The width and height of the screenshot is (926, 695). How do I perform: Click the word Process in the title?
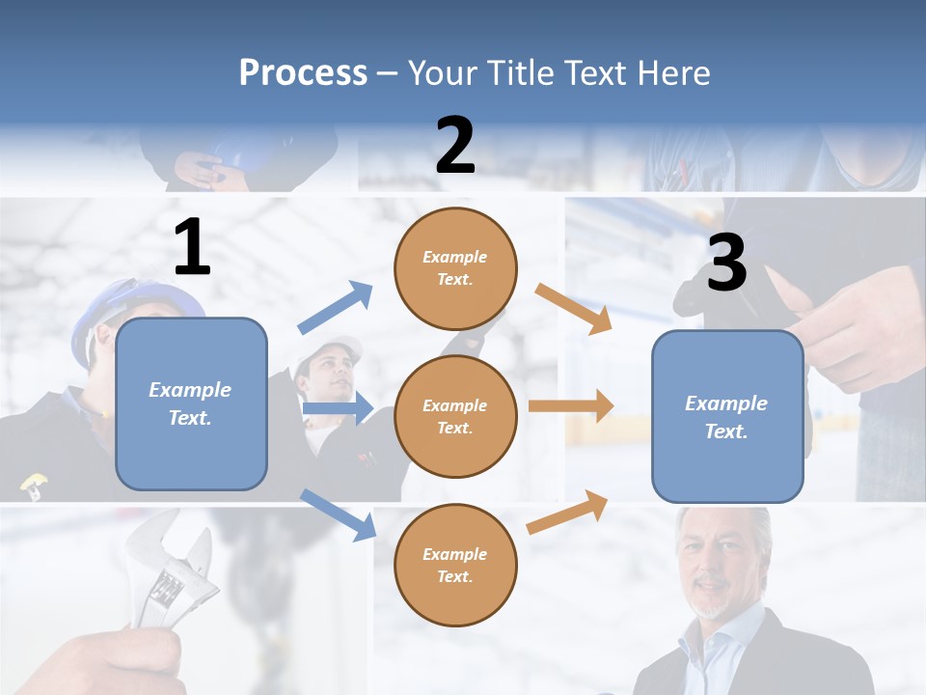pos(303,72)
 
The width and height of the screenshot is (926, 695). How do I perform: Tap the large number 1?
pos(192,248)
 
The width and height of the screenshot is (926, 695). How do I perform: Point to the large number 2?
pos(455,146)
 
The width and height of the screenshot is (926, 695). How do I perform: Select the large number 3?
pos(726,264)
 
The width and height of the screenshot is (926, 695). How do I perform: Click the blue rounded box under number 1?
pos(191,403)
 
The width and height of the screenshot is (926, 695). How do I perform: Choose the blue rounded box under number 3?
pos(727,416)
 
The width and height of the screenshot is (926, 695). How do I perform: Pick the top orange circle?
pos(455,268)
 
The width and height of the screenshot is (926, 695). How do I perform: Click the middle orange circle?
pos(455,416)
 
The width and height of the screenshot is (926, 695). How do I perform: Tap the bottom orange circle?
pos(455,565)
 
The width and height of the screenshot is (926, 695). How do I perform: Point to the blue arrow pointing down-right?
pos(338,514)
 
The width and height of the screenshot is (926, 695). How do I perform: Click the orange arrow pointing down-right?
pos(574,308)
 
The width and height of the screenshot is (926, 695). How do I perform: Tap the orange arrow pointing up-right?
pos(567,512)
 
